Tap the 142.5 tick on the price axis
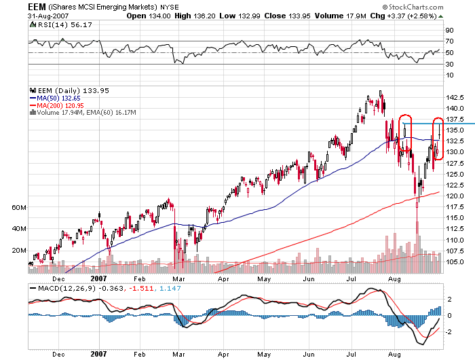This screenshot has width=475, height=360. point(455,97)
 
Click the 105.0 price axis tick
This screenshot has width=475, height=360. point(455,262)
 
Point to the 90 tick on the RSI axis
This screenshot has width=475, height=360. point(449,31)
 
